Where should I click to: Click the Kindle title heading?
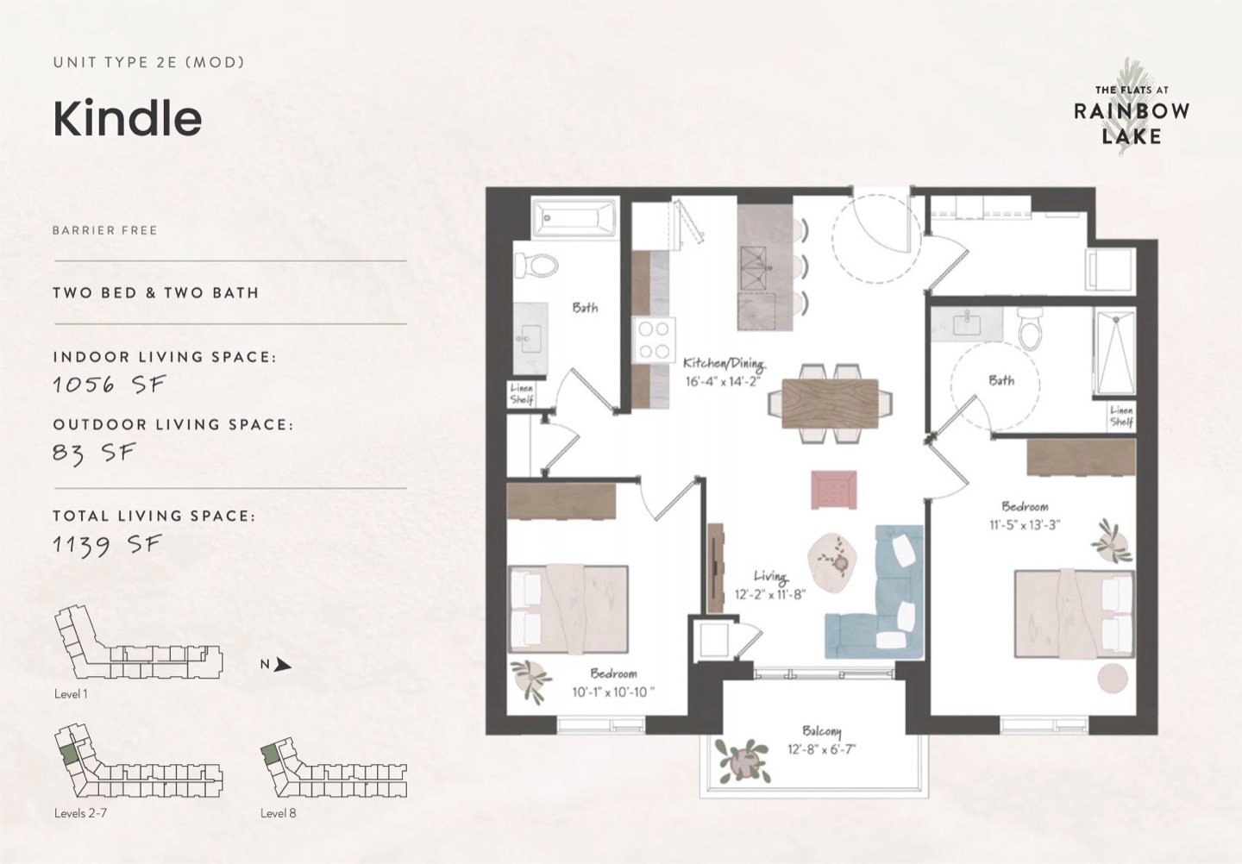point(128,119)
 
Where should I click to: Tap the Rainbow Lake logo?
point(1131,115)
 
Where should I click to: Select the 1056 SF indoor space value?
point(110,384)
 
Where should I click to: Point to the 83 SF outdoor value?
point(94,453)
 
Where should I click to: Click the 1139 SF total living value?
point(107,545)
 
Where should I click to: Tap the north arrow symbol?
point(282,665)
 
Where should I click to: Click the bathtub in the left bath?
point(574,217)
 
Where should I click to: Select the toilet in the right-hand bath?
point(1030,328)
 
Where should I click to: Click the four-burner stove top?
point(653,340)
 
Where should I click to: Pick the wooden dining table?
point(830,404)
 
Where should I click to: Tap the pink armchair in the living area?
point(833,490)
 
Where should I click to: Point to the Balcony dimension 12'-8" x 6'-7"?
point(822,750)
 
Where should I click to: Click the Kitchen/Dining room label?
point(724,363)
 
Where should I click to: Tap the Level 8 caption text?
point(278,813)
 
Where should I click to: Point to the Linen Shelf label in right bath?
point(1121,416)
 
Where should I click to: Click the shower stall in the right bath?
point(1114,353)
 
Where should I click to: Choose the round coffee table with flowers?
point(831,562)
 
